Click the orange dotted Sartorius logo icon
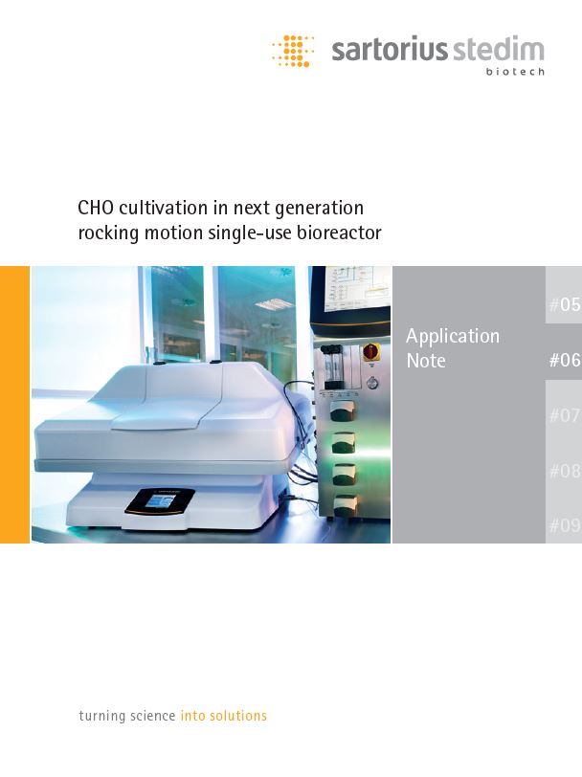click(x=293, y=51)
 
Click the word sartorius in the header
click(x=390, y=51)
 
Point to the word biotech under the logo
click(x=515, y=72)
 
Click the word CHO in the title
click(x=96, y=208)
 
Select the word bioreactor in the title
click(x=339, y=233)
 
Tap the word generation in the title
click(x=319, y=209)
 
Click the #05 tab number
click(x=565, y=304)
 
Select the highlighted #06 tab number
click(x=565, y=360)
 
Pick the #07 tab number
click(x=565, y=414)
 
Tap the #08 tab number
click(x=565, y=470)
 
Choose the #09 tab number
click(x=565, y=524)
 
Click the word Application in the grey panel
click(x=453, y=337)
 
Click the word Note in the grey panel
click(x=426, y=361)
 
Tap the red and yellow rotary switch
click(x=370, y=352)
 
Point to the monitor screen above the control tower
click(x=357, y=289)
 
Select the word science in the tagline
click(x=152, y=716)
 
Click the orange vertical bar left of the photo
click(x=15, y=405)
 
